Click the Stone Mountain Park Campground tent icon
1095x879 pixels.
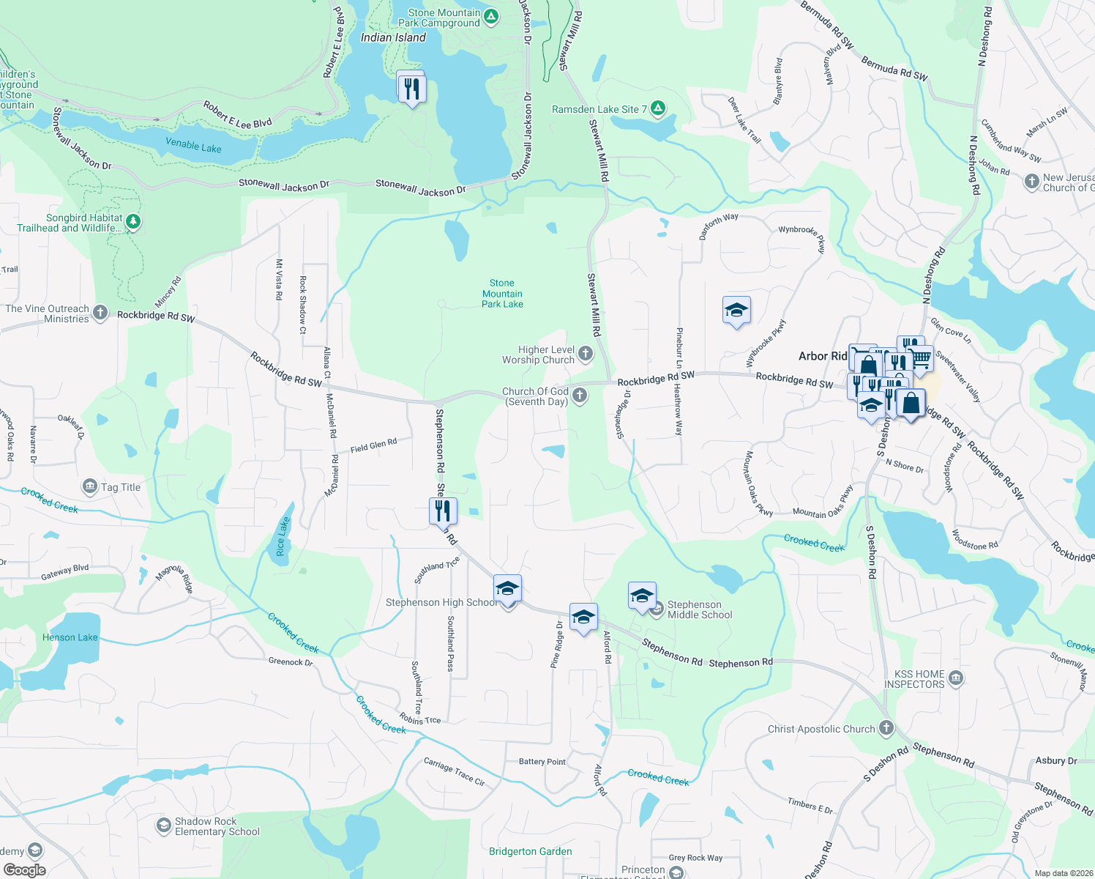point(491,17)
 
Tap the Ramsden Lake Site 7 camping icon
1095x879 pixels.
point(658,109)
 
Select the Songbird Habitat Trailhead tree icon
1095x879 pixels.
point(132,221)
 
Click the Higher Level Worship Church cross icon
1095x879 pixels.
point(586,355)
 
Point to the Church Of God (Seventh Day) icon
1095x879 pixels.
point(580,396)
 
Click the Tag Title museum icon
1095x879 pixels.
point(90,486)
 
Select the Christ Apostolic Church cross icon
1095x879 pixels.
point(886,728)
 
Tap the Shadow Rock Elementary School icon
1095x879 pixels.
point(164,826)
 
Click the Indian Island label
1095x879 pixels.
point(393,37)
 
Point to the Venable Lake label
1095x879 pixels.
point(193,145)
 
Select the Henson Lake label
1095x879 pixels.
point(70,637)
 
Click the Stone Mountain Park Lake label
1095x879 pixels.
point(502,293)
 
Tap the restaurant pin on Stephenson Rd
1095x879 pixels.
point(443,511)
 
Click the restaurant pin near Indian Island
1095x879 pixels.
point(411,88)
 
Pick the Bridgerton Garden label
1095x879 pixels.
point(531,851)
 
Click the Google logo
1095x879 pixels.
point(24,870)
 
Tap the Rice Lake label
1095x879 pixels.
point(283,537)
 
